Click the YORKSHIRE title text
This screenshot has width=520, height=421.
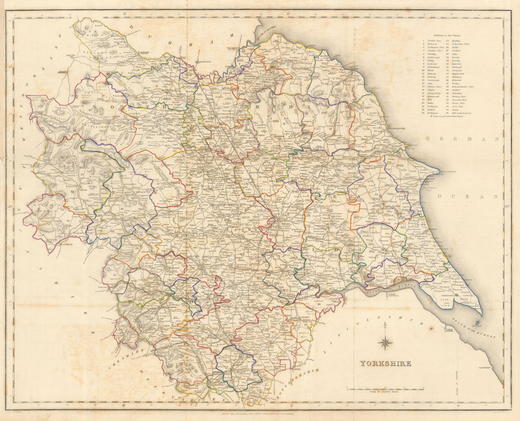384,363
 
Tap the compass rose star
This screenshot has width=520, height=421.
385,342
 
